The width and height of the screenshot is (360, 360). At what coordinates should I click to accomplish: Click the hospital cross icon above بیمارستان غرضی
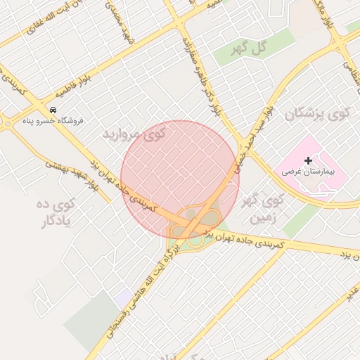(308, 161)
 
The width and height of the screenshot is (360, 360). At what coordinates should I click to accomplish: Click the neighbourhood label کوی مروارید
(137, 134)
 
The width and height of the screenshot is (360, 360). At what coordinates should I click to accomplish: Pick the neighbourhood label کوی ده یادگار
(56, 214)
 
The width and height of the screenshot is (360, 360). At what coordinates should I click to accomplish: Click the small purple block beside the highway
(124, 297)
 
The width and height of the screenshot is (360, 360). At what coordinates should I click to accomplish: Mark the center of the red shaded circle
(180, 180)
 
